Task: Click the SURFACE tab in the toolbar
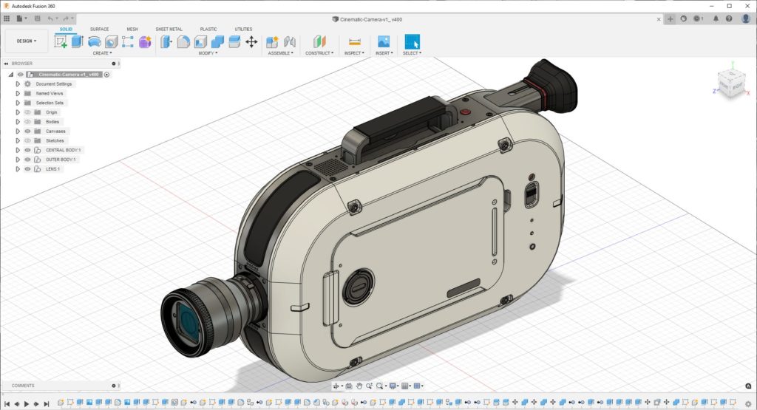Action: tap(99, 29)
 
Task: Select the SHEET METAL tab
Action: tap(169, 29)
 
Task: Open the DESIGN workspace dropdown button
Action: tap(27, 41)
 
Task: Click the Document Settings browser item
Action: tap(54, 84)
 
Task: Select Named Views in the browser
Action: tap(50, 94)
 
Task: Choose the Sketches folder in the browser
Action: tap(55, 140)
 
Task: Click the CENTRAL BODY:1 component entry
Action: tap(64, 150)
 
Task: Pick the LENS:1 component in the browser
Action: tap(53, 169)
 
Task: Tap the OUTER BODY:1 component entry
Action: tap(61, 160)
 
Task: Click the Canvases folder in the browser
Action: tap(55, 131)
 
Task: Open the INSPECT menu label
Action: tap(354, 53)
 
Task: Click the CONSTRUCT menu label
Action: tap(319, 53)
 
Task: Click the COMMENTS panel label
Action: tap(23, 386)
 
